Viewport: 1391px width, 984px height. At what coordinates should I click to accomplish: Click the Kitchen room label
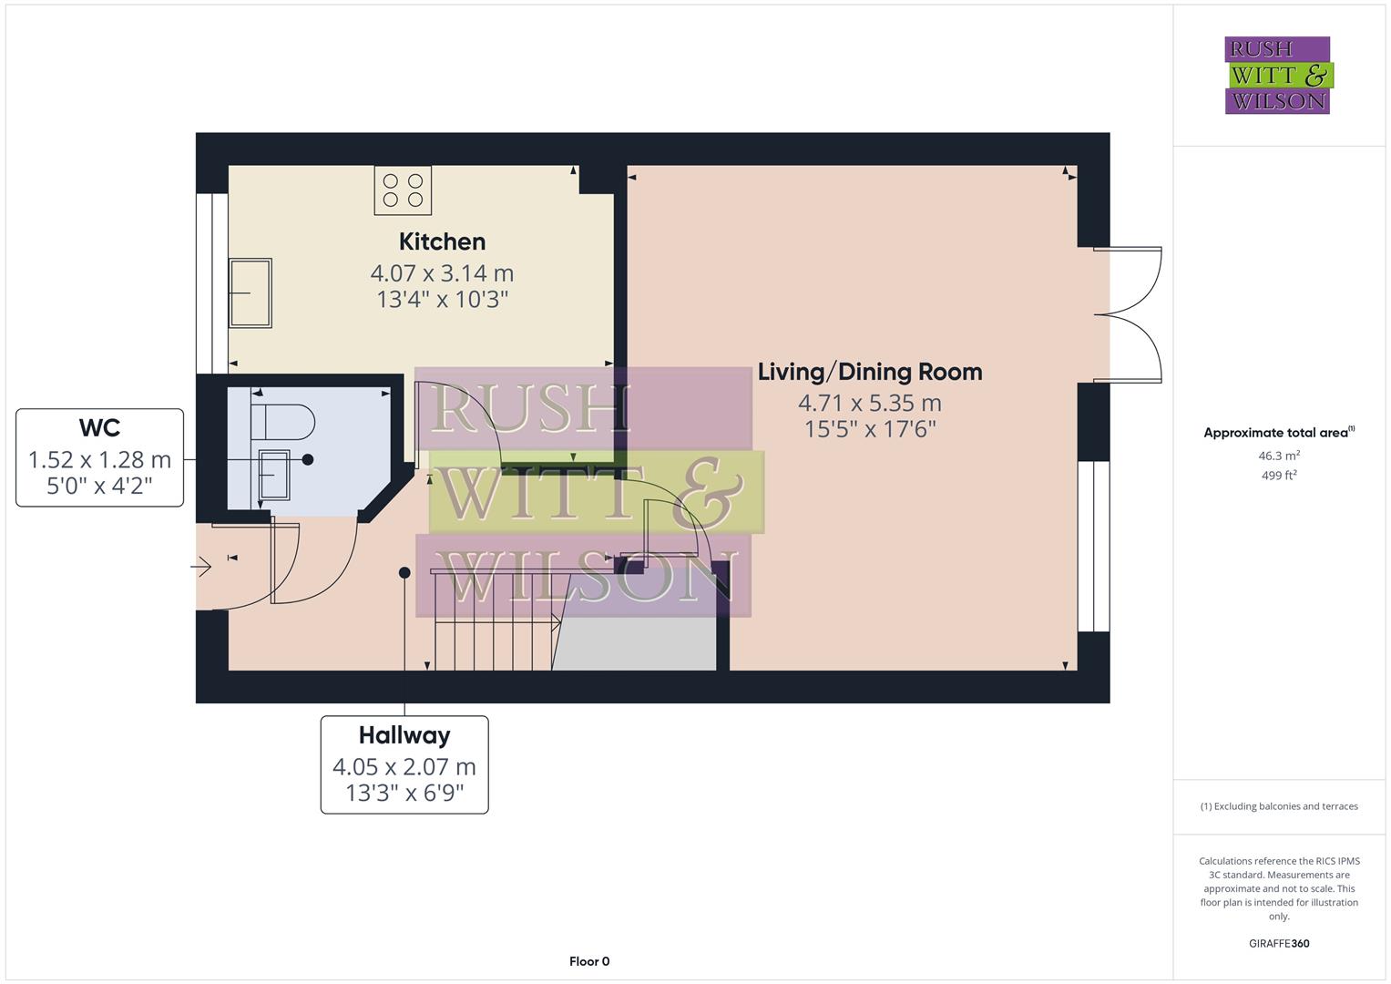click(x=442, y=241)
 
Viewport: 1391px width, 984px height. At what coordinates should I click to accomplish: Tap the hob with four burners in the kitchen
click(x=403, y=190)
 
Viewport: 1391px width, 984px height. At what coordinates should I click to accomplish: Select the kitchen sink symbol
click(x=250, y=292)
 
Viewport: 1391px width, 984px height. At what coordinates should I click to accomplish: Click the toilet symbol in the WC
click(x=283, y=422)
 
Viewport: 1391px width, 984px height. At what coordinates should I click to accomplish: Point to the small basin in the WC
click(x=274, y=474)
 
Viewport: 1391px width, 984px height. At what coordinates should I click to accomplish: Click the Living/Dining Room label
click(x=869, y=372)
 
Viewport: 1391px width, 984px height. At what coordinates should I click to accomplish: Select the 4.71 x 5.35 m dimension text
click(x=869, y=403)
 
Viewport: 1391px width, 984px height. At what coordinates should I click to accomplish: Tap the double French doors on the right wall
click(x=1130, y=314)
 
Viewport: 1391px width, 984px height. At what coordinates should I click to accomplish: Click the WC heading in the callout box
click(x=99, y=427)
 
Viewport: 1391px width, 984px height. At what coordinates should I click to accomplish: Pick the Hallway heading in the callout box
click(x=404, y=735)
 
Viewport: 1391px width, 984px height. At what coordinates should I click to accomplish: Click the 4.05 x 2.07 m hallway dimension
click(x=404, y=767)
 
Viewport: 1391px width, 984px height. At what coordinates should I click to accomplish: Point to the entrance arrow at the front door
click(x=201, y=569)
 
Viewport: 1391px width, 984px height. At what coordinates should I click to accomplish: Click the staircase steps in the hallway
click(x=492, y=638)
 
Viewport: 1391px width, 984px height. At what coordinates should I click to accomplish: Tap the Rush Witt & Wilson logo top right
click(x=1277, y=76)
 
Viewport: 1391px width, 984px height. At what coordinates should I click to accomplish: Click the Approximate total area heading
click(x=1277, y=433)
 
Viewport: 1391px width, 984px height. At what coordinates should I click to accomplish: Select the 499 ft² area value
click(x=1278, y=475)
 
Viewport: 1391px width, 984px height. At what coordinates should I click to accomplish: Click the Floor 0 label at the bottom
click(x=588, y=961)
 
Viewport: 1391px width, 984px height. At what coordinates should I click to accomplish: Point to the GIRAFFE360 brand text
click(x=1278, y=943)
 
